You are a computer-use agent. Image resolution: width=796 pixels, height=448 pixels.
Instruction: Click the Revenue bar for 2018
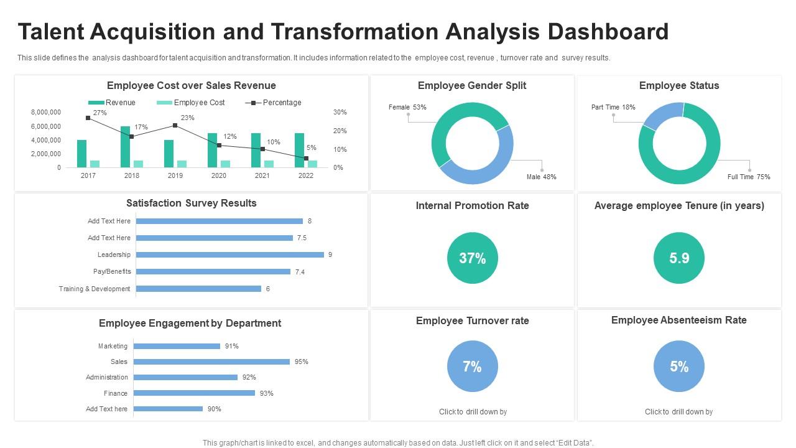pyautogui.click(x=125, y=147)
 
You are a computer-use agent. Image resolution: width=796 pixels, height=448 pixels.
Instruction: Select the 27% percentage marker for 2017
pyautogui.click(x=88, y=118)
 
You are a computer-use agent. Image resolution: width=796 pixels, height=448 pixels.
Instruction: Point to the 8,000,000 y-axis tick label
pyautogui.click(x=46, y=112)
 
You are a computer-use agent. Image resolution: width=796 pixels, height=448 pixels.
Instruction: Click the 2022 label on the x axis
pyautogui.click(x=306, y=175)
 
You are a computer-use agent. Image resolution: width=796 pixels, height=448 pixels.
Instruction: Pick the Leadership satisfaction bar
pyautogui.click(x=229, y=254)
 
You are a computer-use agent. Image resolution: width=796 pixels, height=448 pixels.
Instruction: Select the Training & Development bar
pyautogui.click(x=198, y=289)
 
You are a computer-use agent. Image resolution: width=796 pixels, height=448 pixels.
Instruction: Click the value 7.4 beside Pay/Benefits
pyautogui.click(x=300, y=272)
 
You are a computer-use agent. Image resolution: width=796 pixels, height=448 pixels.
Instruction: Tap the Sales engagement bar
pyautogui.click(x=211, y=362)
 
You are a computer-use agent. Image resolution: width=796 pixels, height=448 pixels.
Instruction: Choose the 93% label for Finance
pyautogui.click(x=267, y=393)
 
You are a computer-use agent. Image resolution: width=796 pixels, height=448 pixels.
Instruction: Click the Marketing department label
pyautogui.click(x=113, y=346)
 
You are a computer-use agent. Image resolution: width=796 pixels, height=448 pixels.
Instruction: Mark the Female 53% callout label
pyautogui.click(x=407, y=107)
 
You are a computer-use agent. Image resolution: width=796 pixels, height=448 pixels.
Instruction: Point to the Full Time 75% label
pyautogui.click(x=749, y=177)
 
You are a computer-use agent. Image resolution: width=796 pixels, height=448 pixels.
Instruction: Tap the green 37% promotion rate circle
pyautogui.click(x=473, y=258)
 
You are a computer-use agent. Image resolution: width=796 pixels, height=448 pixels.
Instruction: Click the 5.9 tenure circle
pyautogui.click(x=679, y=258)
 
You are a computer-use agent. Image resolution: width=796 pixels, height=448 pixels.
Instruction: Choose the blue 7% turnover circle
pyautogui.click(x=473, y=366)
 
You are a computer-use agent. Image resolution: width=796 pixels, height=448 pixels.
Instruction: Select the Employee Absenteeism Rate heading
pyautogui.click(x=679, y=320)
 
